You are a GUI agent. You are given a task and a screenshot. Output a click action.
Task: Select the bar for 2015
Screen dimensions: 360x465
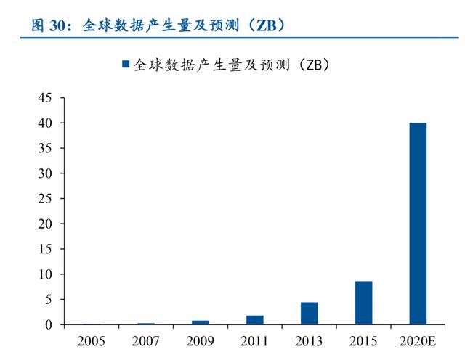363,303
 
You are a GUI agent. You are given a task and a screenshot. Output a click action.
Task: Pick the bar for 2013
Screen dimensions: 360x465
309,313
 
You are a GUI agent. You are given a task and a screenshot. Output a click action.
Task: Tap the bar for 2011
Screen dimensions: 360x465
254,320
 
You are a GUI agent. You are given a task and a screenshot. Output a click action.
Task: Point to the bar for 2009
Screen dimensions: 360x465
201,322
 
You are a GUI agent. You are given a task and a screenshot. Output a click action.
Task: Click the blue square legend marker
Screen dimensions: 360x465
126,65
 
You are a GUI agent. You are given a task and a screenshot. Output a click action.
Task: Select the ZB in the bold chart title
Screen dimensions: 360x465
263,25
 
